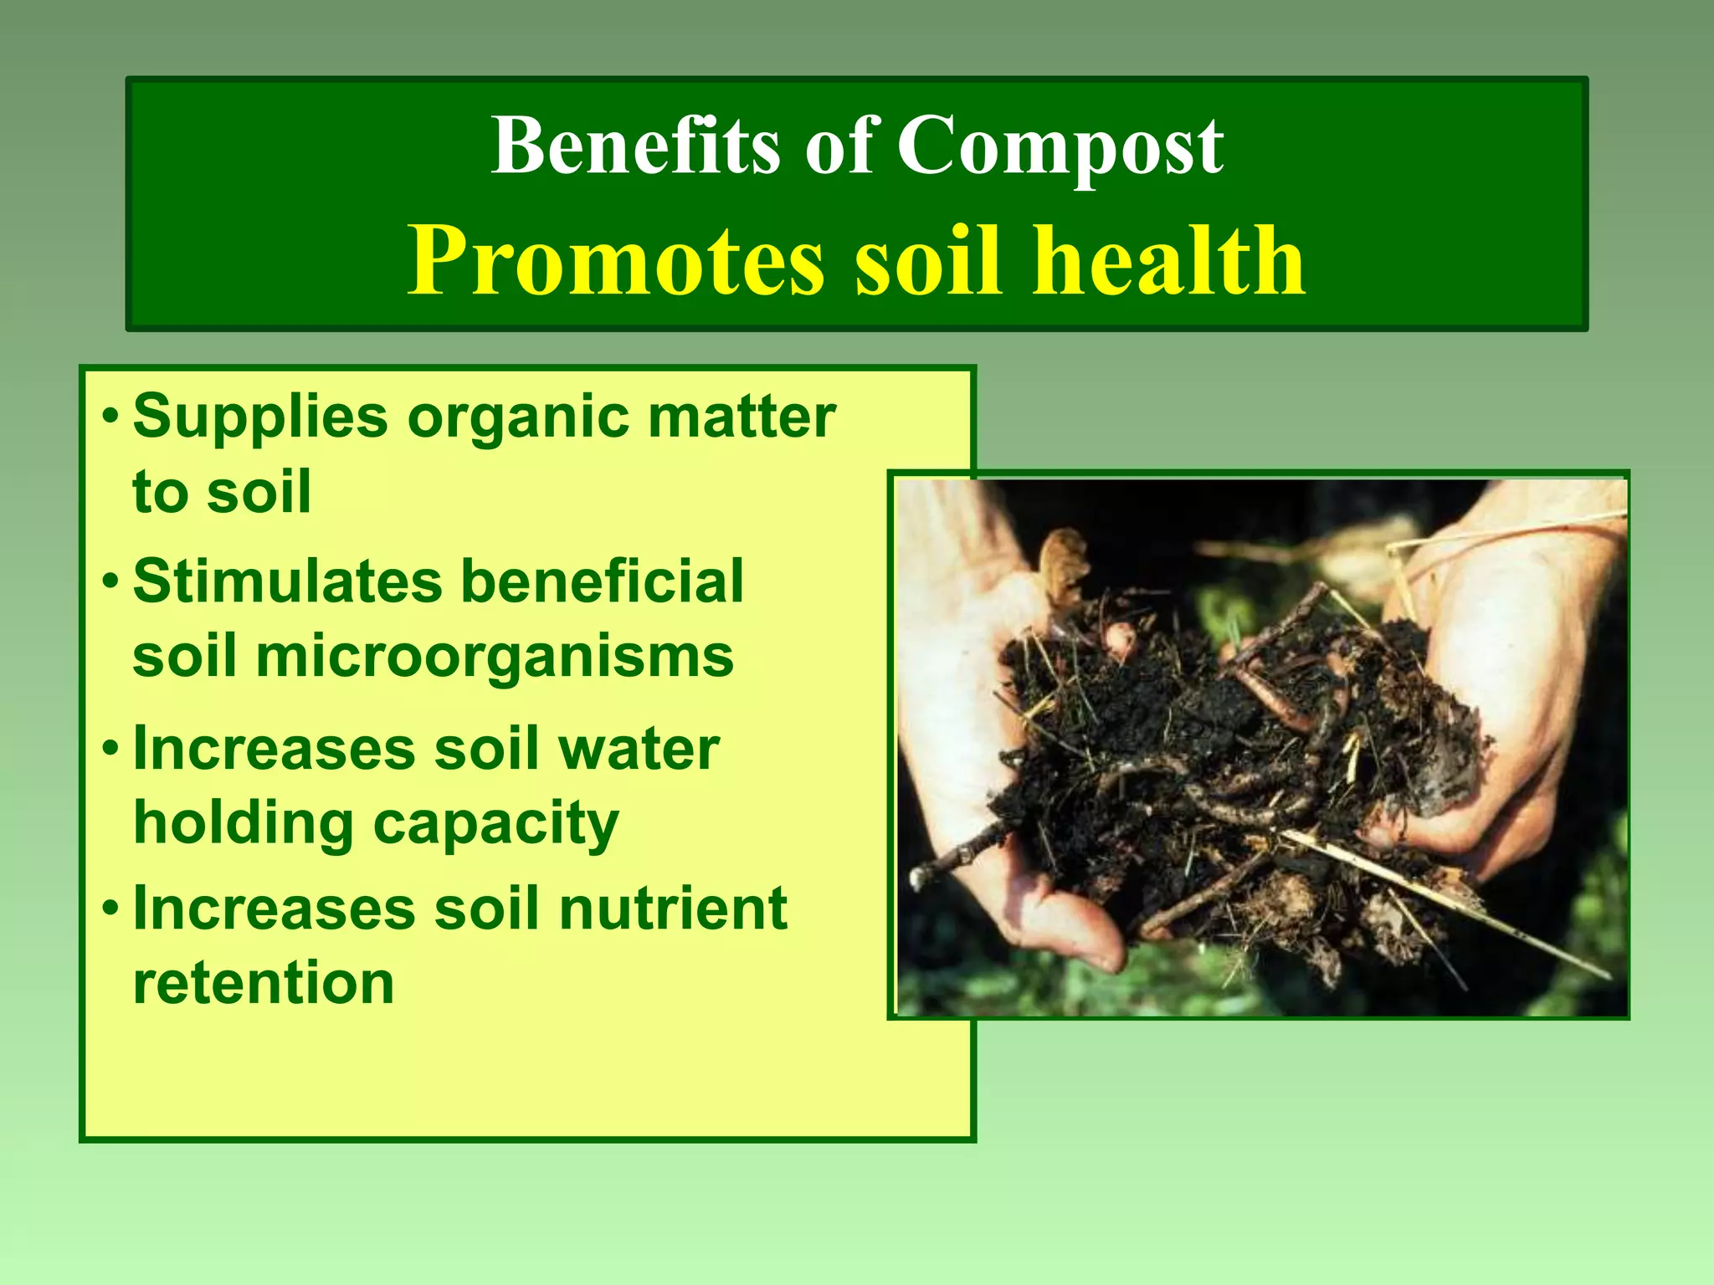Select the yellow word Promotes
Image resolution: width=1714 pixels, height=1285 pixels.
[616, 262]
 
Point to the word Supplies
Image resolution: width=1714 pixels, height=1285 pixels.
[260, 417]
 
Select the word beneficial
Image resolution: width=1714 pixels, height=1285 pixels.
[603, 581]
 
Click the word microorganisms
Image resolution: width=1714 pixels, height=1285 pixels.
[495, 656]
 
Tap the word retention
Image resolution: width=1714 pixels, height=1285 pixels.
[264, 982]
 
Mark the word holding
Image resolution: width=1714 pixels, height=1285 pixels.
[244, 823]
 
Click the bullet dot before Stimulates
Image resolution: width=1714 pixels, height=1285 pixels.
[110, 580]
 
